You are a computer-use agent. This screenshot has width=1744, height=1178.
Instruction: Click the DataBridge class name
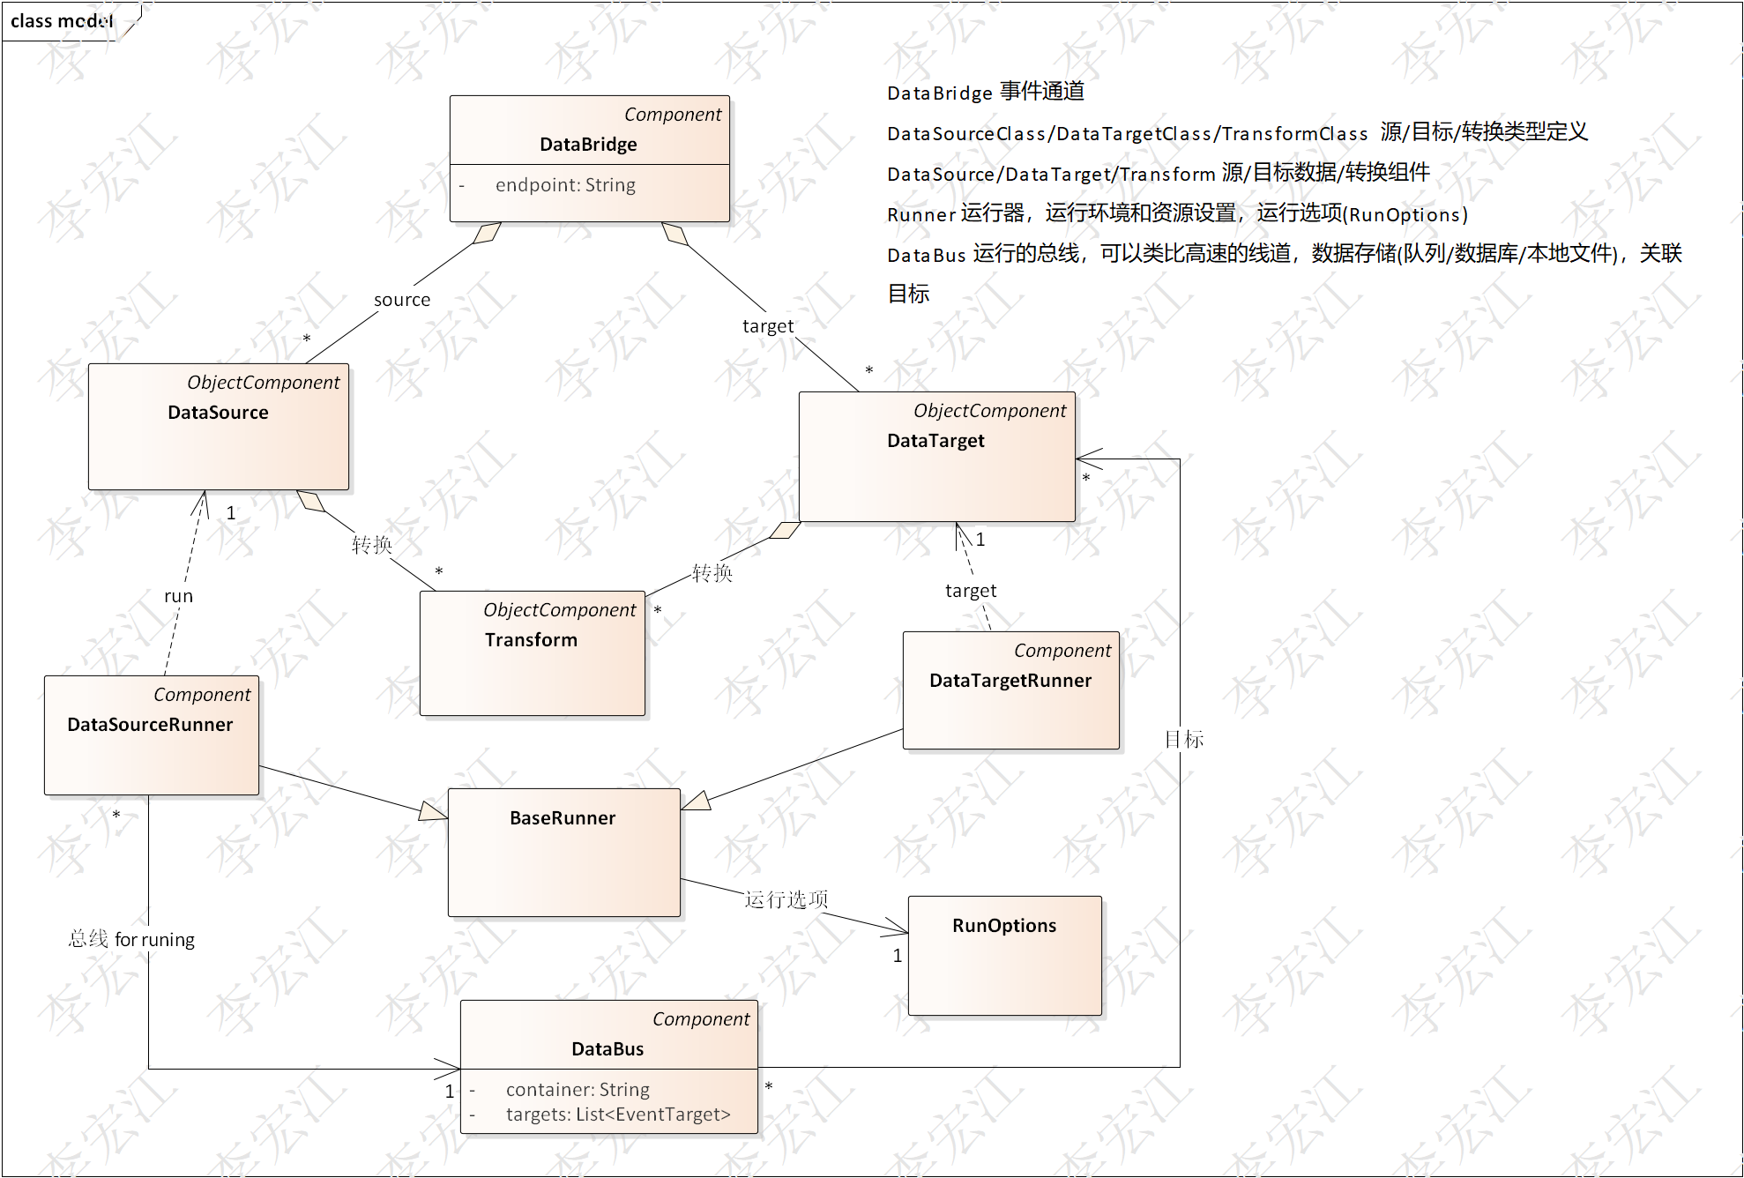(588, 145)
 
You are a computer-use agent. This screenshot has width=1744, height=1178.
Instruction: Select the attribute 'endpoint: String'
(565, 185)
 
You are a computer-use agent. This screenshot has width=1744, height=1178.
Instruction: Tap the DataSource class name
(218, 413)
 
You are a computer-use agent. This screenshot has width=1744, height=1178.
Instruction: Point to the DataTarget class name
(935, 441)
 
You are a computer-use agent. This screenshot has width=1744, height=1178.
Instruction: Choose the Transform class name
(531, 640)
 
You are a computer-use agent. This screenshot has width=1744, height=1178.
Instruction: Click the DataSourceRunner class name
(150, 725)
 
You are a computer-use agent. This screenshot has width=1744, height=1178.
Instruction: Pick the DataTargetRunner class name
(1010, 681)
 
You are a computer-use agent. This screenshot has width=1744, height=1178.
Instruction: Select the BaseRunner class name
(563, 818)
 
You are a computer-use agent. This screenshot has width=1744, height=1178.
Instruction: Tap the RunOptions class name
(1004, 926)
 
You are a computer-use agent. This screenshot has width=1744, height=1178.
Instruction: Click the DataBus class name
(607, 1049)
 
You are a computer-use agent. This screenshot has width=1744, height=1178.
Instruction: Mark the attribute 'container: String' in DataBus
(578, 1090)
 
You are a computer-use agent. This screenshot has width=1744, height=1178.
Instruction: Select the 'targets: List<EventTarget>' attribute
(618, 1115)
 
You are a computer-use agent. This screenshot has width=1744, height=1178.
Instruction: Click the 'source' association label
(402, 300)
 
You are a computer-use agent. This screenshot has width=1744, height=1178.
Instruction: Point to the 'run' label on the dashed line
(178, 596)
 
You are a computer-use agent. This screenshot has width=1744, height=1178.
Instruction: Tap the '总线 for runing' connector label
(131, 939)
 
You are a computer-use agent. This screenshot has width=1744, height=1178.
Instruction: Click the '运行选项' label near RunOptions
(786, 899)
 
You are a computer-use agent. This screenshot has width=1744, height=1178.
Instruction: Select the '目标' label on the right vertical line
(1184, 739)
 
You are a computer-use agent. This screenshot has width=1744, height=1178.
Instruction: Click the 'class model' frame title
(62, 21)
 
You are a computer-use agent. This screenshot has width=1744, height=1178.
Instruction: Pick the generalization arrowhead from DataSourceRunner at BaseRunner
(433, 811)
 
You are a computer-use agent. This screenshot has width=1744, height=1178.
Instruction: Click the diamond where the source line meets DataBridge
(487, 233)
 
